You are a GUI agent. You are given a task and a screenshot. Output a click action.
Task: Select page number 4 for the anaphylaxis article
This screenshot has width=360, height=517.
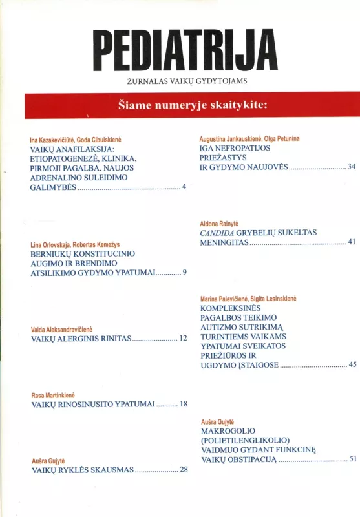[184, 187]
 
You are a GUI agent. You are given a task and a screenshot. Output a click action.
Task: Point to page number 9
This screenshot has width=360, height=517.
[184, 273]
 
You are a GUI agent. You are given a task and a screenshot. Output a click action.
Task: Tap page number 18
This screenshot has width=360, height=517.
[184, 404]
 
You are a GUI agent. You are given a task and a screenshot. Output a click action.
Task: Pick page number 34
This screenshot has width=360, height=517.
[352, 167]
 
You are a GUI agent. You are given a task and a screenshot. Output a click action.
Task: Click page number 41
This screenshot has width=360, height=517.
[352, 242]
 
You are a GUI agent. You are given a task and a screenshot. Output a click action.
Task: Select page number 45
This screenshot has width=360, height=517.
[352, 364]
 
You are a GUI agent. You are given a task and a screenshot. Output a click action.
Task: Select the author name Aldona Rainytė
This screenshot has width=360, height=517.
[224, 222]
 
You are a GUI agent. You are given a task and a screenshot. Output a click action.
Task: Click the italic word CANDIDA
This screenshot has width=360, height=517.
[219, 232]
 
